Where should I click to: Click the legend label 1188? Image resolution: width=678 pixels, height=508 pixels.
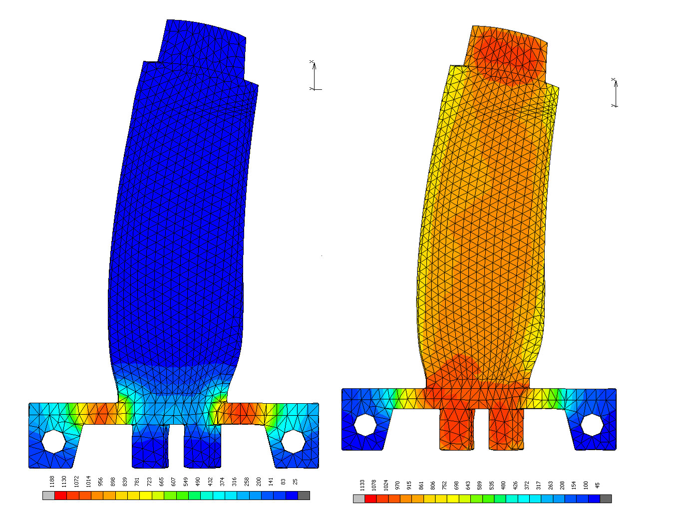pos(52,481)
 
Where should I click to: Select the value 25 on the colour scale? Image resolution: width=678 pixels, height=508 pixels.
pos(295,482)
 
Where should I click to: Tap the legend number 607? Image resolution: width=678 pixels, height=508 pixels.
pos(174,482)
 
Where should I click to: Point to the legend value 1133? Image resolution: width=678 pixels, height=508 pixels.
pos(362,485)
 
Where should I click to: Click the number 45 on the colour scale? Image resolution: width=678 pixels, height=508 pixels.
pos(598,485)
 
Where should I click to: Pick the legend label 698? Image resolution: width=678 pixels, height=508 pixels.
pos(456,485)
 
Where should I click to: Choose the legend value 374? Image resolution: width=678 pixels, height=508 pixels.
pos(222,482)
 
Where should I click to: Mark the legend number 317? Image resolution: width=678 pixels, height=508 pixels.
pos(539,485)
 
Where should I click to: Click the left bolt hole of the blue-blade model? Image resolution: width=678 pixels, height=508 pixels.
pos(54,441)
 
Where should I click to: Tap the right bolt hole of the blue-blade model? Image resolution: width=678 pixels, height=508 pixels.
pos(293,442)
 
